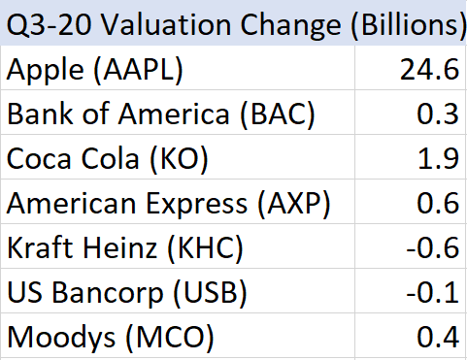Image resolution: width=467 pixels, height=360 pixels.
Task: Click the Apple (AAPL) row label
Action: pyautogui.click(x=95, y=70)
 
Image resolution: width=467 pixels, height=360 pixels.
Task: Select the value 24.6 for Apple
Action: pyautogui.click(x=429, y=69)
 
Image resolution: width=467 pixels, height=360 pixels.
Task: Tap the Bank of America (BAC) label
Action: pyautogui.click(x=161, y=115)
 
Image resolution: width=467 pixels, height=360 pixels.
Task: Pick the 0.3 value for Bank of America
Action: pyautogui.click(x=438, y=114)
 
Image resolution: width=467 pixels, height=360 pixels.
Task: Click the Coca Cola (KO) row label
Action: pyautogui.click(x=107, y=159)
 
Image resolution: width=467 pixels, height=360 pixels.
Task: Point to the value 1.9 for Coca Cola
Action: pyautogui.click(x=439, y=158)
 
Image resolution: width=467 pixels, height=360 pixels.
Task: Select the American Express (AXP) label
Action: pyautogui.click(x=168, y=204)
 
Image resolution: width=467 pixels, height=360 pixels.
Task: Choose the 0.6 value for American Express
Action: pyautogui.click(x=438, y=203)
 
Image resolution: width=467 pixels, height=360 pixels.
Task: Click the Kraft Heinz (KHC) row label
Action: pyautogui.click(x=125, y=248)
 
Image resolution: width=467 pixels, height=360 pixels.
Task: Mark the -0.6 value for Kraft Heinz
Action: pyautogui.click(x=433, y=247)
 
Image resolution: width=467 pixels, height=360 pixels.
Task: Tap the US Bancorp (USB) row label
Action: pyautogui.click(x=127, y=293)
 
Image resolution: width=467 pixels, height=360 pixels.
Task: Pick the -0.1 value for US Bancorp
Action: pyautogui.click(x=433, y=292)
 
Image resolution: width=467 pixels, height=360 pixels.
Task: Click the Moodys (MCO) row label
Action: pyautogui.click(x=111, y=338)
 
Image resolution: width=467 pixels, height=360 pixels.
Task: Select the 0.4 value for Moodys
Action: pyautogui.click(x=438, y=337)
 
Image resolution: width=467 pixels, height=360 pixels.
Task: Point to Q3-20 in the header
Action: pyautogui.click(x=49, y=25)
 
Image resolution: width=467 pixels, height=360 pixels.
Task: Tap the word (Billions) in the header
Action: pyautogui.click(x=409, y=25)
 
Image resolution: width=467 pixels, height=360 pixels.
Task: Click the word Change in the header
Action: pyautogui.click(x=290, y=26)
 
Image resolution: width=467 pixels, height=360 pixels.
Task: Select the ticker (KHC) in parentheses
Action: pyautogui.click(x=205, y=248)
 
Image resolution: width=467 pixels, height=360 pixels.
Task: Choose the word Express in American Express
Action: pyautogui.click(x=197, y=205)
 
